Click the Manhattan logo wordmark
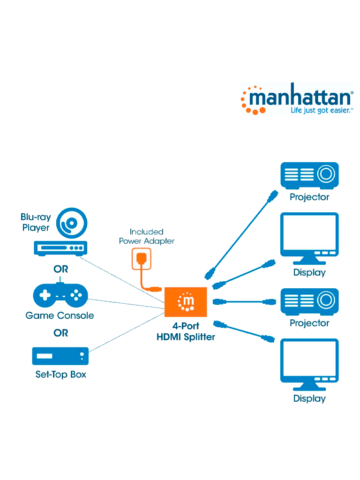pyautogui.click(x=300, y=97)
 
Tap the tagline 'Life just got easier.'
pyautogui.click(x=322, y=111)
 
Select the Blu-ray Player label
pyautogui.click(x=36, y=223)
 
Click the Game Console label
pyautogui.click(x=60, y=315)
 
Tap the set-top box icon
pyautogui.click(x=60, y=356)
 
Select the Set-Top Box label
pyautogui.click(x=61, y=375)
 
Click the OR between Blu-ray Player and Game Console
pyautogui.click(x=61, y=270)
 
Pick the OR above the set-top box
pyautogui.click(x=61, y=333)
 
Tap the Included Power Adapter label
pyautogui.click(x=147, y=236)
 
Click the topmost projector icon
pyautogui.click(x=309, y=175)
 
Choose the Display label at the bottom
pyautogui.click(x=309, y=398)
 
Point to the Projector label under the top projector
pyautogui.click(x=309, y=197)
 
